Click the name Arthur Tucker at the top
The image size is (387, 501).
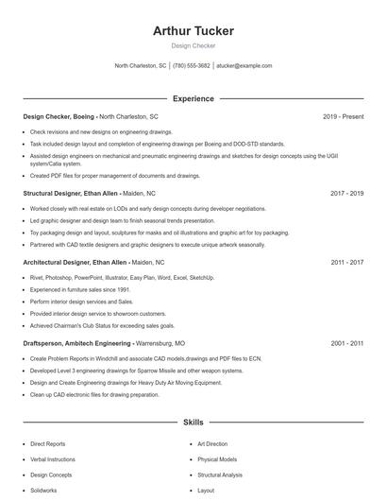coord(193,31)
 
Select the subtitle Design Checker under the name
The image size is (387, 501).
coord(193,45)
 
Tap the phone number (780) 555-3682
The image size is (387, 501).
coord(192,66)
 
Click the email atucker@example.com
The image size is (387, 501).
coord(244,66)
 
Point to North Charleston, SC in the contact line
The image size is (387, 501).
coord(141,66)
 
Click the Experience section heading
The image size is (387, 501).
coord(193,98)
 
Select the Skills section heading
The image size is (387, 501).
coord(193,422)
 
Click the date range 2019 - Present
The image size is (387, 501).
coord(343,116)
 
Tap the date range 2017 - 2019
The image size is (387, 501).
coord(346,193)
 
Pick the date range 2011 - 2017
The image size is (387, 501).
coord(346,262)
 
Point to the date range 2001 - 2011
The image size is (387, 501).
coord(346,344)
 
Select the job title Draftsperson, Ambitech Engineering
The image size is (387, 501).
coord(78,344)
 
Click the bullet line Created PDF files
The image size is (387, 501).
coord(115,175)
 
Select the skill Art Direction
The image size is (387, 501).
coord(212,443)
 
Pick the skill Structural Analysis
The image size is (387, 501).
coord(219,475)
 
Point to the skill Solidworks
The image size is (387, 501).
coord(43,491)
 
